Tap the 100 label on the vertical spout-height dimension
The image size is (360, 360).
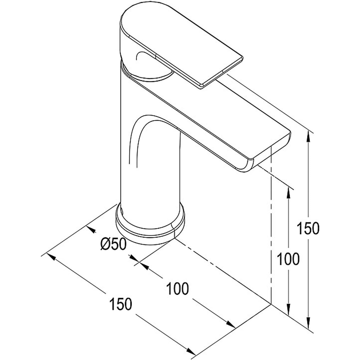point(288,259)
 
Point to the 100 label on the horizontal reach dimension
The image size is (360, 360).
point(177,288)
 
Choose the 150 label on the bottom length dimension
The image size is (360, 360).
point(121,304)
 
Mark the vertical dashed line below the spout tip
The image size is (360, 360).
point(271,231)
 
